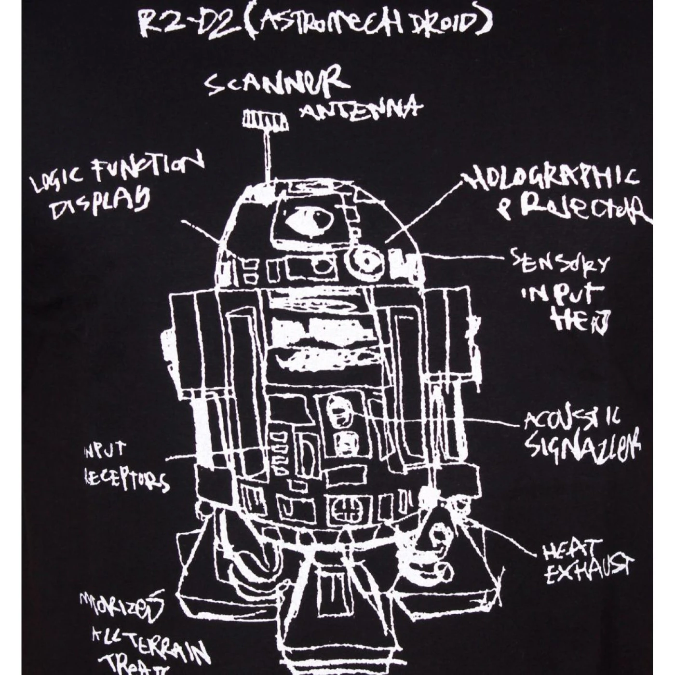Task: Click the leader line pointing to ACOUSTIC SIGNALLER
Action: point(497,422)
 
